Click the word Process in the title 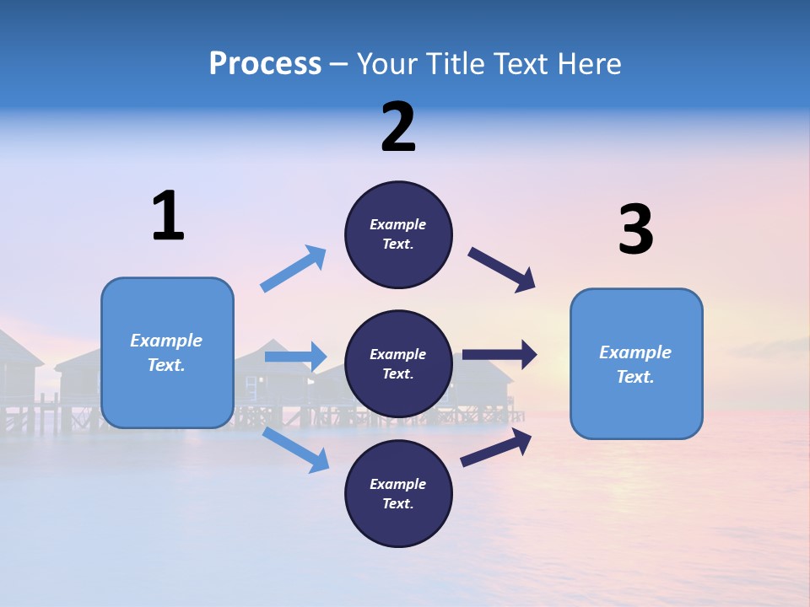[x=265, y=64]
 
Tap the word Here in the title [x=586, y=64]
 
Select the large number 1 [x=168, y=217]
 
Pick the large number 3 [x=635, y=230]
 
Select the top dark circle [x=398, y=234]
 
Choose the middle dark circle [x=398, y=364]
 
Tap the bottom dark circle [x=398, y=494]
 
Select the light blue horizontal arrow [x=295, y=357]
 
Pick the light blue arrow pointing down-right [x=296, y=449]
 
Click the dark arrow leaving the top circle [x=502, y=270]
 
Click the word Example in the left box [x=166, y=341]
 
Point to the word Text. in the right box [x=635, y=377]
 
